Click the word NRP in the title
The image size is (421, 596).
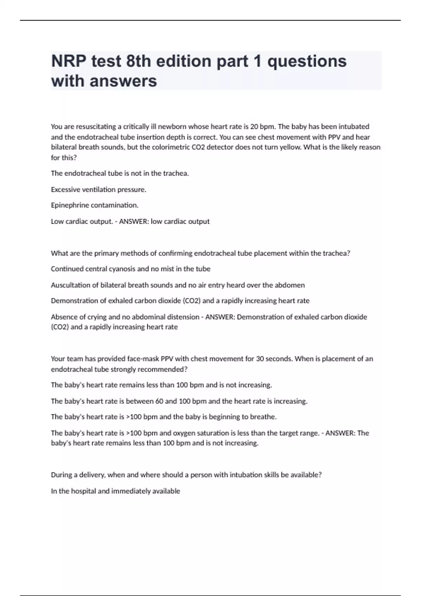(68, 61)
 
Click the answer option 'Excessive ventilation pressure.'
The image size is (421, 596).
(99, 190)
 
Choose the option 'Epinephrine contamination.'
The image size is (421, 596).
(94, 205)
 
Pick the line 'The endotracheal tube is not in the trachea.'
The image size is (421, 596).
(120, 173)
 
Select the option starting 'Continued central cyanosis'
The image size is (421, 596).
(131, 269)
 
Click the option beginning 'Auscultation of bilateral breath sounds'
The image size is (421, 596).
(178, 285)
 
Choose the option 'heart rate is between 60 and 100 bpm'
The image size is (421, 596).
(179, 401)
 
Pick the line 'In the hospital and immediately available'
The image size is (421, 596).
(115, 491)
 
